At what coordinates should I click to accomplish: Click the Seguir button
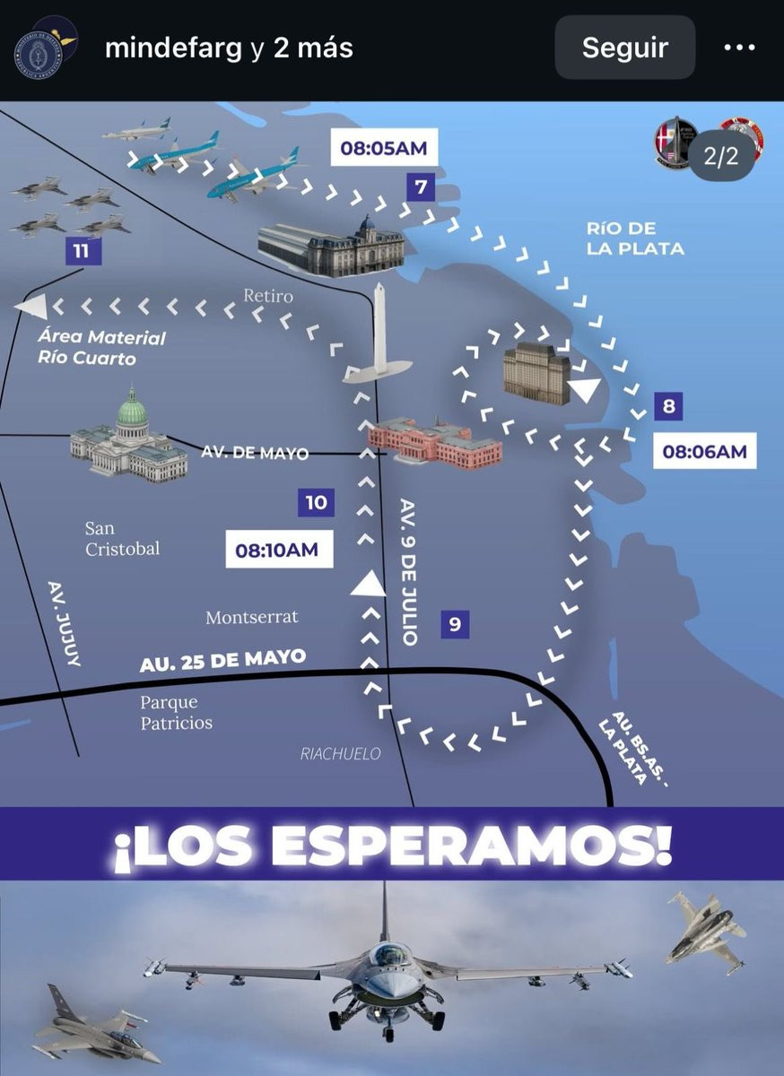tap(624, 48)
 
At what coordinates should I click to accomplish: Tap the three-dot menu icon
tap(739, 48)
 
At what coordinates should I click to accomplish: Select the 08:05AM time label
tap(383, 148)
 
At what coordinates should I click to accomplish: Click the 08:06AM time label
tap(704, 451)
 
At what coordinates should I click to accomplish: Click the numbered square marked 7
tap(420, 188)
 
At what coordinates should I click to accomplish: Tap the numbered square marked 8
tap(667, 406)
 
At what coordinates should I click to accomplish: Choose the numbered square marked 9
tap(455, 624)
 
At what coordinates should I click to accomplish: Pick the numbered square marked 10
tap(316, 502)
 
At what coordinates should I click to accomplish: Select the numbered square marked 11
tap(82, 251)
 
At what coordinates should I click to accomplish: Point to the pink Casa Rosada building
tap(434, 442)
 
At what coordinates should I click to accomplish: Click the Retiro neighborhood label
tap(267, 295)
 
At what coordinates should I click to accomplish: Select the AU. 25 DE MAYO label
tap(222, 661)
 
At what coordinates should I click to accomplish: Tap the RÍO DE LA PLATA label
tap(635, 239)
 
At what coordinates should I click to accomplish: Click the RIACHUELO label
tap(340, 754)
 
